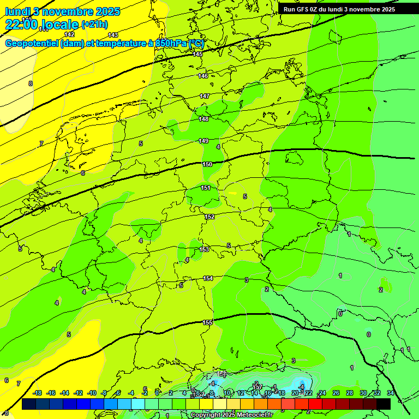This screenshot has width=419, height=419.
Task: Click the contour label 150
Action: tap(207, 164)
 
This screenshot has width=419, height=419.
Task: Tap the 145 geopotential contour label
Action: tap(197, 54)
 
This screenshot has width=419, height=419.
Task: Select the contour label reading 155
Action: tap(207, 322)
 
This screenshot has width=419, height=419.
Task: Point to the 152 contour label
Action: tap(209, 217)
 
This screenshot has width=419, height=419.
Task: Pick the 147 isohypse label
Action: tap(204, 96)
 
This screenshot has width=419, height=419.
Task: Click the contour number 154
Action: tap(208, 278)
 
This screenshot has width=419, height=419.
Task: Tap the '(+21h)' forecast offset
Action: tap(95, 25)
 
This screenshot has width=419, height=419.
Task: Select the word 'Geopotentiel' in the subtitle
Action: tap(32, 43)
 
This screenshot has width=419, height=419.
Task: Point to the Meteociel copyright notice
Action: tap(231, 415)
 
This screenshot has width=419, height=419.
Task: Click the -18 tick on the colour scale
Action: tap(38, 393)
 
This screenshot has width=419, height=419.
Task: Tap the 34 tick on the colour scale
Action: tap(391, 393)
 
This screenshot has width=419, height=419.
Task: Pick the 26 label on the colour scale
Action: tap(336, 393)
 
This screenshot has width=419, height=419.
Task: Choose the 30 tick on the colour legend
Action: tap(363, 393)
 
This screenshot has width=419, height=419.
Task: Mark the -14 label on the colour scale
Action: tap(64, 393)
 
